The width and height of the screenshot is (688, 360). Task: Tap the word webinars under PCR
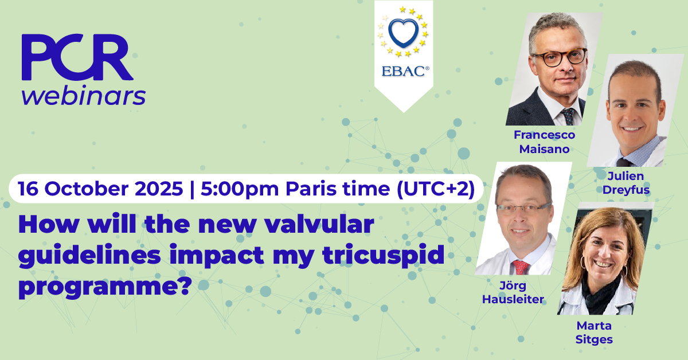click(84, 95)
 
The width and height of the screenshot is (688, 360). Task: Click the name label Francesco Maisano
click(544, 140)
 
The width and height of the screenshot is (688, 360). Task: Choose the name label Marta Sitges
click(594, 332)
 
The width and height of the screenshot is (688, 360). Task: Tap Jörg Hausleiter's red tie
click(521, 267)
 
